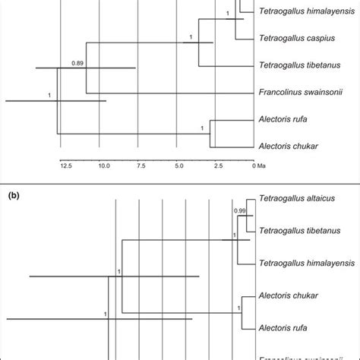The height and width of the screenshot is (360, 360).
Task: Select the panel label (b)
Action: coord(14,194)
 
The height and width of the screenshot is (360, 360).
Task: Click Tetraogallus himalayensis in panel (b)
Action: coord(300,262)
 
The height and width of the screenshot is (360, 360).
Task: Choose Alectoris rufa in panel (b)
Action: coord(286,329)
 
